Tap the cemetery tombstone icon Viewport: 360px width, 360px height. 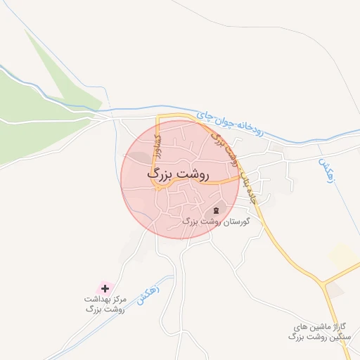click(216, 211)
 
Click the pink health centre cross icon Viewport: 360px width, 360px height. click(105, 288)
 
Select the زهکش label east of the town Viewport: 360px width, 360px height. click(324, 170)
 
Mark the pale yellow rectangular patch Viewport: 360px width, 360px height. click(344, 256)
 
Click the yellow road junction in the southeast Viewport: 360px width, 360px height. click(326, 282)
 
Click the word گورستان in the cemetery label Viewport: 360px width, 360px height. click(236, 221)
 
